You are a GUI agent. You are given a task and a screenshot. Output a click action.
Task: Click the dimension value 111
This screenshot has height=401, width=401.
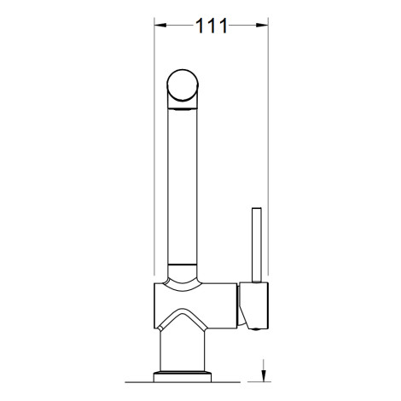(x=212, y=26)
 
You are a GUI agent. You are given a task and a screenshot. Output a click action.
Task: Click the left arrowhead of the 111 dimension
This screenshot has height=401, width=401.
(x=160, y=26)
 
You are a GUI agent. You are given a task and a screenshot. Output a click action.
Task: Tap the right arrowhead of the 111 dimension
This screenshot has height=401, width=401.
(x=262, y=26)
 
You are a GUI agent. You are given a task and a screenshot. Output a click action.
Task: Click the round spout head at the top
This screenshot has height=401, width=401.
(x=183, y=84)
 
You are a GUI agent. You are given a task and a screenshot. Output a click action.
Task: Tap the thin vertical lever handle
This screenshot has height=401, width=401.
(x=257, y=245)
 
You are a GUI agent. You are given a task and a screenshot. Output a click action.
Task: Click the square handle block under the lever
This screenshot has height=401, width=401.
(x=253, y=305)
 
